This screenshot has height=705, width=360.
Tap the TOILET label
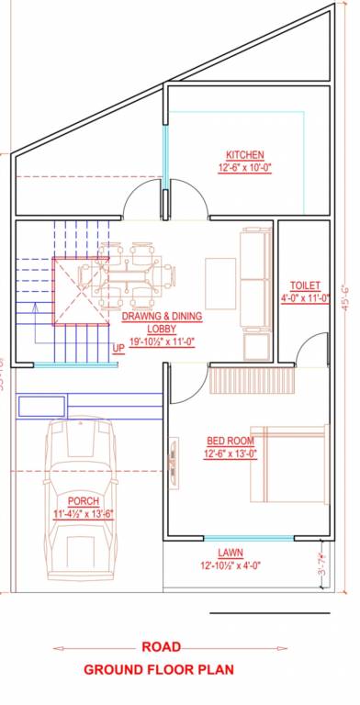pos(304,285)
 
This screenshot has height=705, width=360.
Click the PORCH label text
pos(83,501)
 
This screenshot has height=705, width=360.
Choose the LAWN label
pos(231,552)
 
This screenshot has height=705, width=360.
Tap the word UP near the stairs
pos(118,348)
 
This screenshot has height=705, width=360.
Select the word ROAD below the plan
pos(162,647)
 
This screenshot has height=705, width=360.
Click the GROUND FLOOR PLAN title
pos(159,670)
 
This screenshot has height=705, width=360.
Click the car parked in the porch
pos(83,496)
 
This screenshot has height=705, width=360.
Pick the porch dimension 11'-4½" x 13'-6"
pos(84,513)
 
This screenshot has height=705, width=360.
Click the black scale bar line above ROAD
pos(269,610)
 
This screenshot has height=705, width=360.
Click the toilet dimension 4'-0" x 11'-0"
pos(304,298)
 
